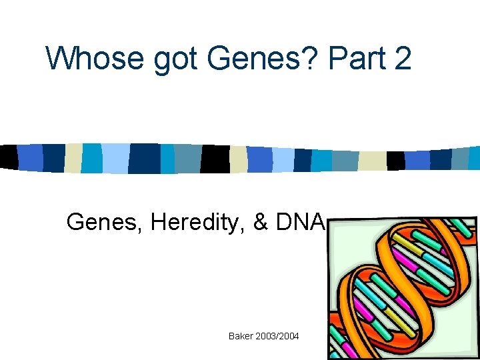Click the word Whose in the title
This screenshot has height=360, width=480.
click(x=95, y=59)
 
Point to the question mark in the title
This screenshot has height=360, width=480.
click(x=317, y=59)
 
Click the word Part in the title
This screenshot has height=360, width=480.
click(x=356, y=59)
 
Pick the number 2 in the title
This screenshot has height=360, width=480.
click(x=402, y=59)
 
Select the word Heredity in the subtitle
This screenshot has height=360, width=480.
click(x=198, y=222)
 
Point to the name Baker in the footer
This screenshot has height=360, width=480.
click(x=241, y=336)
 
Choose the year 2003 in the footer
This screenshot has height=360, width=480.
click(x=267, y=336)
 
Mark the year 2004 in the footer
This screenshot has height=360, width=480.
click(x=290, y=336)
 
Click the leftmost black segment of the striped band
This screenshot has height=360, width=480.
click(x=9, y=157)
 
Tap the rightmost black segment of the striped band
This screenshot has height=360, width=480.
click(x=395, y=161)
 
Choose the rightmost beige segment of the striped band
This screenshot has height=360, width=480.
click(x=372, y=161)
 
